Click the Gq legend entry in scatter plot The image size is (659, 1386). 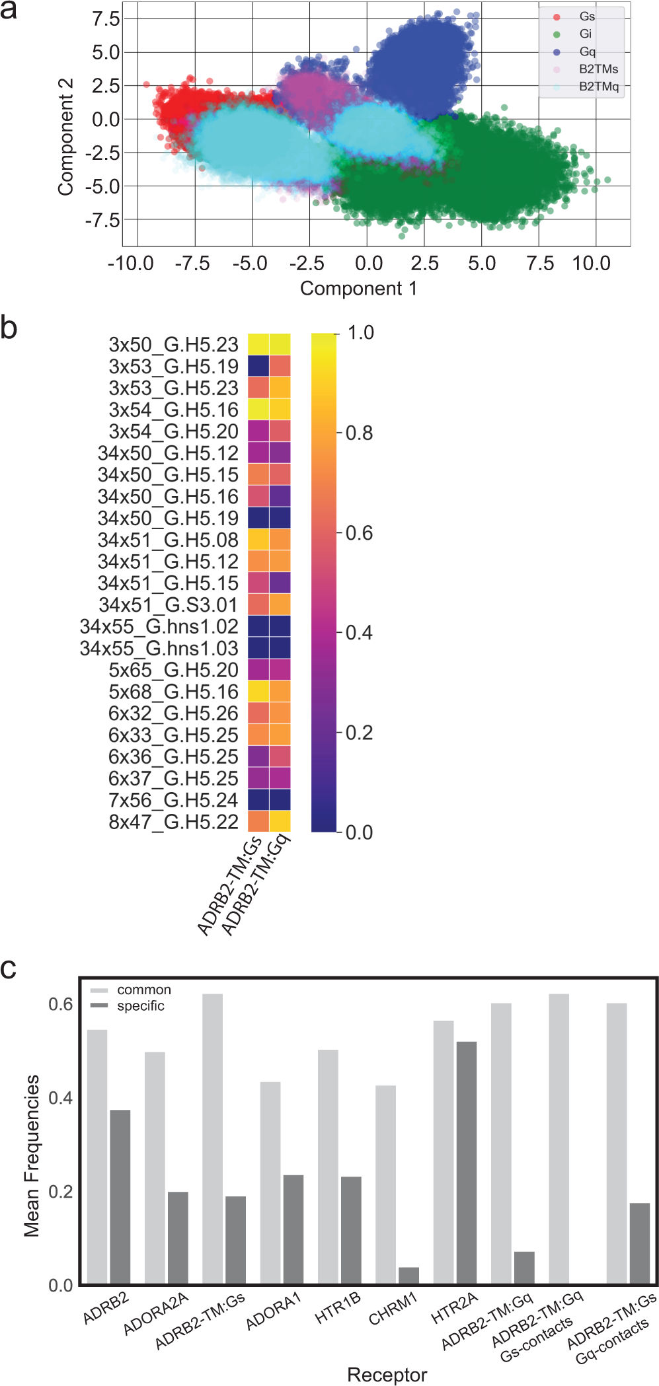(586, 52)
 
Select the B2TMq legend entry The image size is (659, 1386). (598, 87)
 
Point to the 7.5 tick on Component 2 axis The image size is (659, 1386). (106, 19)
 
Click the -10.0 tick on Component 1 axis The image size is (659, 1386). (131, 264)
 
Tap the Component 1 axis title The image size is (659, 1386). (358, 289)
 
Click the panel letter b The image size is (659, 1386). (9, 328)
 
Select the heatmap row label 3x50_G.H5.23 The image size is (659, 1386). (173, 345)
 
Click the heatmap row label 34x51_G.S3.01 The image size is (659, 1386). (168, 605)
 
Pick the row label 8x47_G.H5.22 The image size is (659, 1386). (173, 822)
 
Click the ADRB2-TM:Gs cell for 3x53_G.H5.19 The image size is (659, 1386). (258, 366)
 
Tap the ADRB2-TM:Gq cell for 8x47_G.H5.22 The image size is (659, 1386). (280, 821)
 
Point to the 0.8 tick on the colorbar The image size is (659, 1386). (359, 433)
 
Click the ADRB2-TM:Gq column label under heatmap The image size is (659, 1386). (256, 885)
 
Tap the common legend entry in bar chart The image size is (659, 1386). (143, 990)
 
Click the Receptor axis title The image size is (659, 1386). (387, 1375)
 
